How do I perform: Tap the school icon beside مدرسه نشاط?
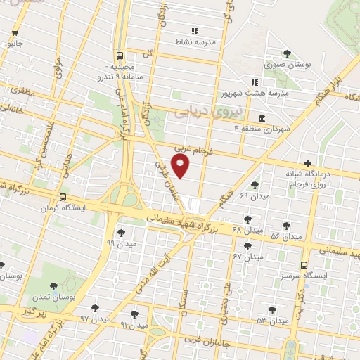pos(195,32)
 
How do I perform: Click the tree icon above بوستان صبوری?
pos(286,53)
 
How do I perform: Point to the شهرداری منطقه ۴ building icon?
pos(262,117)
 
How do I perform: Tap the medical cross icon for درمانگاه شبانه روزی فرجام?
pos(307,164)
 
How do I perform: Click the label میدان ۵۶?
pos(287,236)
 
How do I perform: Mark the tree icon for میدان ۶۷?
pos(247,245)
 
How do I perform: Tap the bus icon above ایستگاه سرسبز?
pos(304,265)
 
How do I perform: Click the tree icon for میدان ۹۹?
pos(120,231)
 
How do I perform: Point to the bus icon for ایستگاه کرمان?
pos(64,197)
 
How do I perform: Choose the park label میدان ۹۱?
pos(134,325)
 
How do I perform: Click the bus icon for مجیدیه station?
pos(120,55)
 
